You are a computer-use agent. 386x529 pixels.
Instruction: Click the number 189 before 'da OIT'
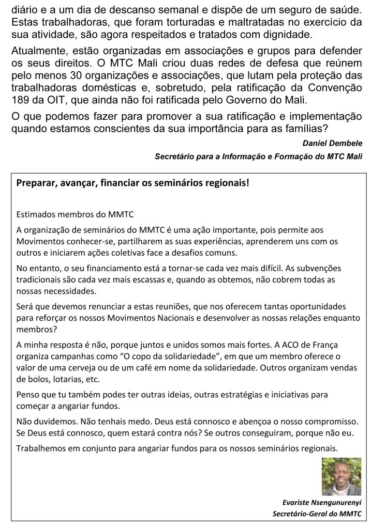tap(20, 100)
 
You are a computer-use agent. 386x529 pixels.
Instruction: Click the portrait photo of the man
tap(341, 476)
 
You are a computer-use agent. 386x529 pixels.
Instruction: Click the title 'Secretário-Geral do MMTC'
tap(317, 514)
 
